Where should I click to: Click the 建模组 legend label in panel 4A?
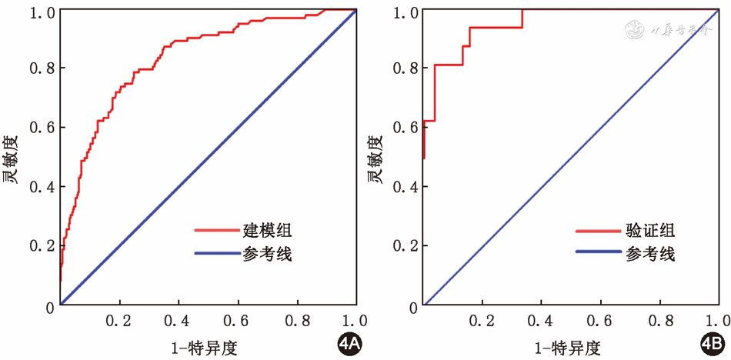pos(267,229)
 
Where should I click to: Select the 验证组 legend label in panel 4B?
pos(651,229)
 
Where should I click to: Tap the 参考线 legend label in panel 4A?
pos(267,253)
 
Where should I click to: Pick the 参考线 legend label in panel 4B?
pos(651,253)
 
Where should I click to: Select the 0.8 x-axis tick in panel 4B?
pos(659,319)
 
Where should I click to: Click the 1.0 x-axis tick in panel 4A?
pos(355,319)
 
